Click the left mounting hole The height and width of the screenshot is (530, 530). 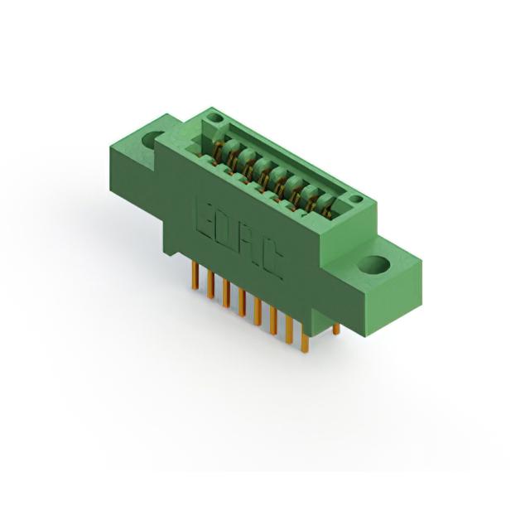(x=151, y=138)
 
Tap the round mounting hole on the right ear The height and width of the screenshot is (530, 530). (x=374, y=265)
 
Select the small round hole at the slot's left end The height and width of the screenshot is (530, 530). (x=215, y=118)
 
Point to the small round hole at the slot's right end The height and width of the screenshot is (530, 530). (x=354, y=199)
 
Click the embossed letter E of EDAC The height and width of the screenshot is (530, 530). (x=205, y=219)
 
